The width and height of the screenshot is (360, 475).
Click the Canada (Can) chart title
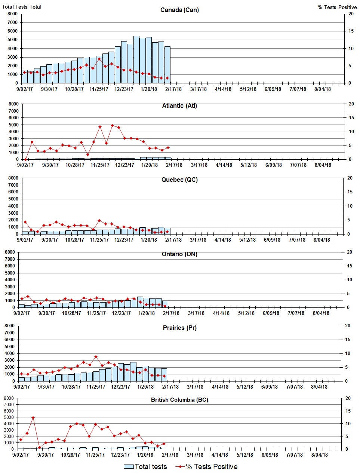click(x=179, y=10)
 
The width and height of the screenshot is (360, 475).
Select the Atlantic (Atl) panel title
click(x=179, y=106)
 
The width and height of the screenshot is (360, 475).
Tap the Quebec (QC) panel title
click(x=179, y=180)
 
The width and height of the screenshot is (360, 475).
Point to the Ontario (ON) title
click(x=179, y=254)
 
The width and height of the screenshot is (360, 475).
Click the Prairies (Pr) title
click(x=179, y=328)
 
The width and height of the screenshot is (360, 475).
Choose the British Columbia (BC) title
click(x=179, y=400)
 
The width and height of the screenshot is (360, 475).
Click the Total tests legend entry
click(x=146, y=467)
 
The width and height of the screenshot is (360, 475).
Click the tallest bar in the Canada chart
click(x=136, y=60)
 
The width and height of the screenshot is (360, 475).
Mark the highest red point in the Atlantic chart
click(x=112, y=126)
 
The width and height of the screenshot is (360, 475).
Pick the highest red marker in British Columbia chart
click(x=33, y=417)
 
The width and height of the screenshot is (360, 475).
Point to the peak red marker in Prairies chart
click(x=96, y=357)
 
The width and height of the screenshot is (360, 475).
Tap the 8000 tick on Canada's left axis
click(x=12, y=14)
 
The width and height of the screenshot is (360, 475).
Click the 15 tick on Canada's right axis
click(x=351, y=31)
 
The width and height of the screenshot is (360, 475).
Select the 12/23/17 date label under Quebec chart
click(x=124, y=240)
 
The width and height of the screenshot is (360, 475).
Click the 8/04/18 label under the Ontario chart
click(x=321, y=313)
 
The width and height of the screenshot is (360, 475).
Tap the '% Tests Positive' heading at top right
click(x=337, y=7)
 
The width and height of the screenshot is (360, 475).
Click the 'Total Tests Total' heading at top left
click(x=22, y=7)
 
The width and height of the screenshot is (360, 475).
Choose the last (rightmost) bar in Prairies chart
click(x=164, y=375)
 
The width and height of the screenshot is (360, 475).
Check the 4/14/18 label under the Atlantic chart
click(x=224, y=165)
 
